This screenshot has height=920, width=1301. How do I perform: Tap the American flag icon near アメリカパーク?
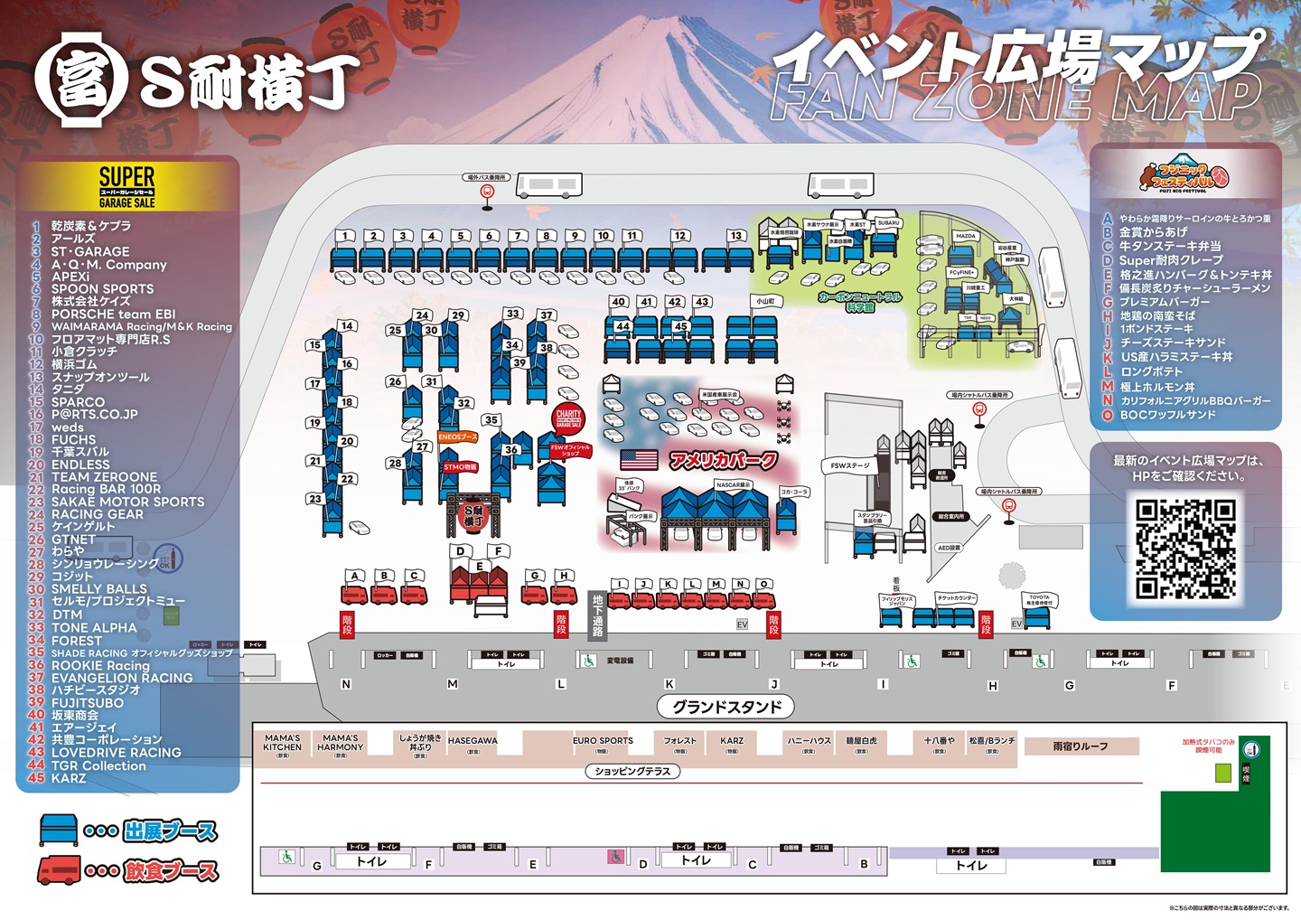pos(639,459)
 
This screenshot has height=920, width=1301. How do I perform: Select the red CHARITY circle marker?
pos(568,418)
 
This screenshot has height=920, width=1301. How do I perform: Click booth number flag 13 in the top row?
pos(735,235)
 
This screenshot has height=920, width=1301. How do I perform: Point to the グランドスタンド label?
pos(726,707)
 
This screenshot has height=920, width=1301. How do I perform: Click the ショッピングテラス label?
pos(632,772)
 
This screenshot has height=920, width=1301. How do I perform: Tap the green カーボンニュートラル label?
pos(859,302)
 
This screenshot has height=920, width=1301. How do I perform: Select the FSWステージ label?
pos(850,465)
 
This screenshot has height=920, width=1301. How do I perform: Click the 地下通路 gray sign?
pos(597,615)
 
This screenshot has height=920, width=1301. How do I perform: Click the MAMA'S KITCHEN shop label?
pos(283,743)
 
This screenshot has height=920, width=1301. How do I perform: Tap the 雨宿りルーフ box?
pos(1081,746)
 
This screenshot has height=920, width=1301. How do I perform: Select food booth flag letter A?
pos(356,576)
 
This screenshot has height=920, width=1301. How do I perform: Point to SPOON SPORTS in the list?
pos(102,289)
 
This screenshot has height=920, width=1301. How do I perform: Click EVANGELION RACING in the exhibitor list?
pos(121,678)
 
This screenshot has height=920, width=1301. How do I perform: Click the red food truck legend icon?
pos(59,871)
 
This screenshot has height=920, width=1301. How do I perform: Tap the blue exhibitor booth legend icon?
pos(59,830)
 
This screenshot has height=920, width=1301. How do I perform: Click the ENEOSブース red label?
pos(457,437)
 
